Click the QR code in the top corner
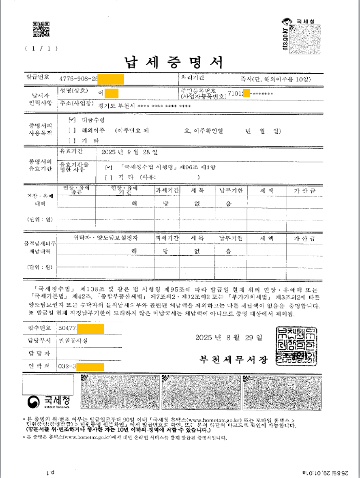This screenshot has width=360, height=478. pos(41,30)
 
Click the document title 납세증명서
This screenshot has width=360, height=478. pos(174,63)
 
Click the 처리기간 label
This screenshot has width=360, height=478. pos(193,77)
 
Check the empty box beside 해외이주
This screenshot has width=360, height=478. pos(71,131)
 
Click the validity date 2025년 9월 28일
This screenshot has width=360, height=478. pos(130,152)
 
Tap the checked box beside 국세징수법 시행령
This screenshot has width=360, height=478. pos(107,167)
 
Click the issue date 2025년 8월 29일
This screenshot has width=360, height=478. pos(229,338)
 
